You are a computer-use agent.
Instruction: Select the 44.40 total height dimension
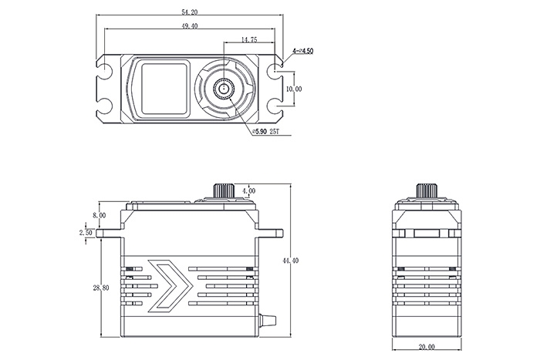tap(290, 261)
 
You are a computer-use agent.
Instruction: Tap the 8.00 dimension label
tap(99, 216)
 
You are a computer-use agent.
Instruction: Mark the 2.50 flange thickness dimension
tap(86, 231)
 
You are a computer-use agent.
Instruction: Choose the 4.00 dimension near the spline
tap(248, 190)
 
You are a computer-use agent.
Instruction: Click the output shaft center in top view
tap(224, 89)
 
